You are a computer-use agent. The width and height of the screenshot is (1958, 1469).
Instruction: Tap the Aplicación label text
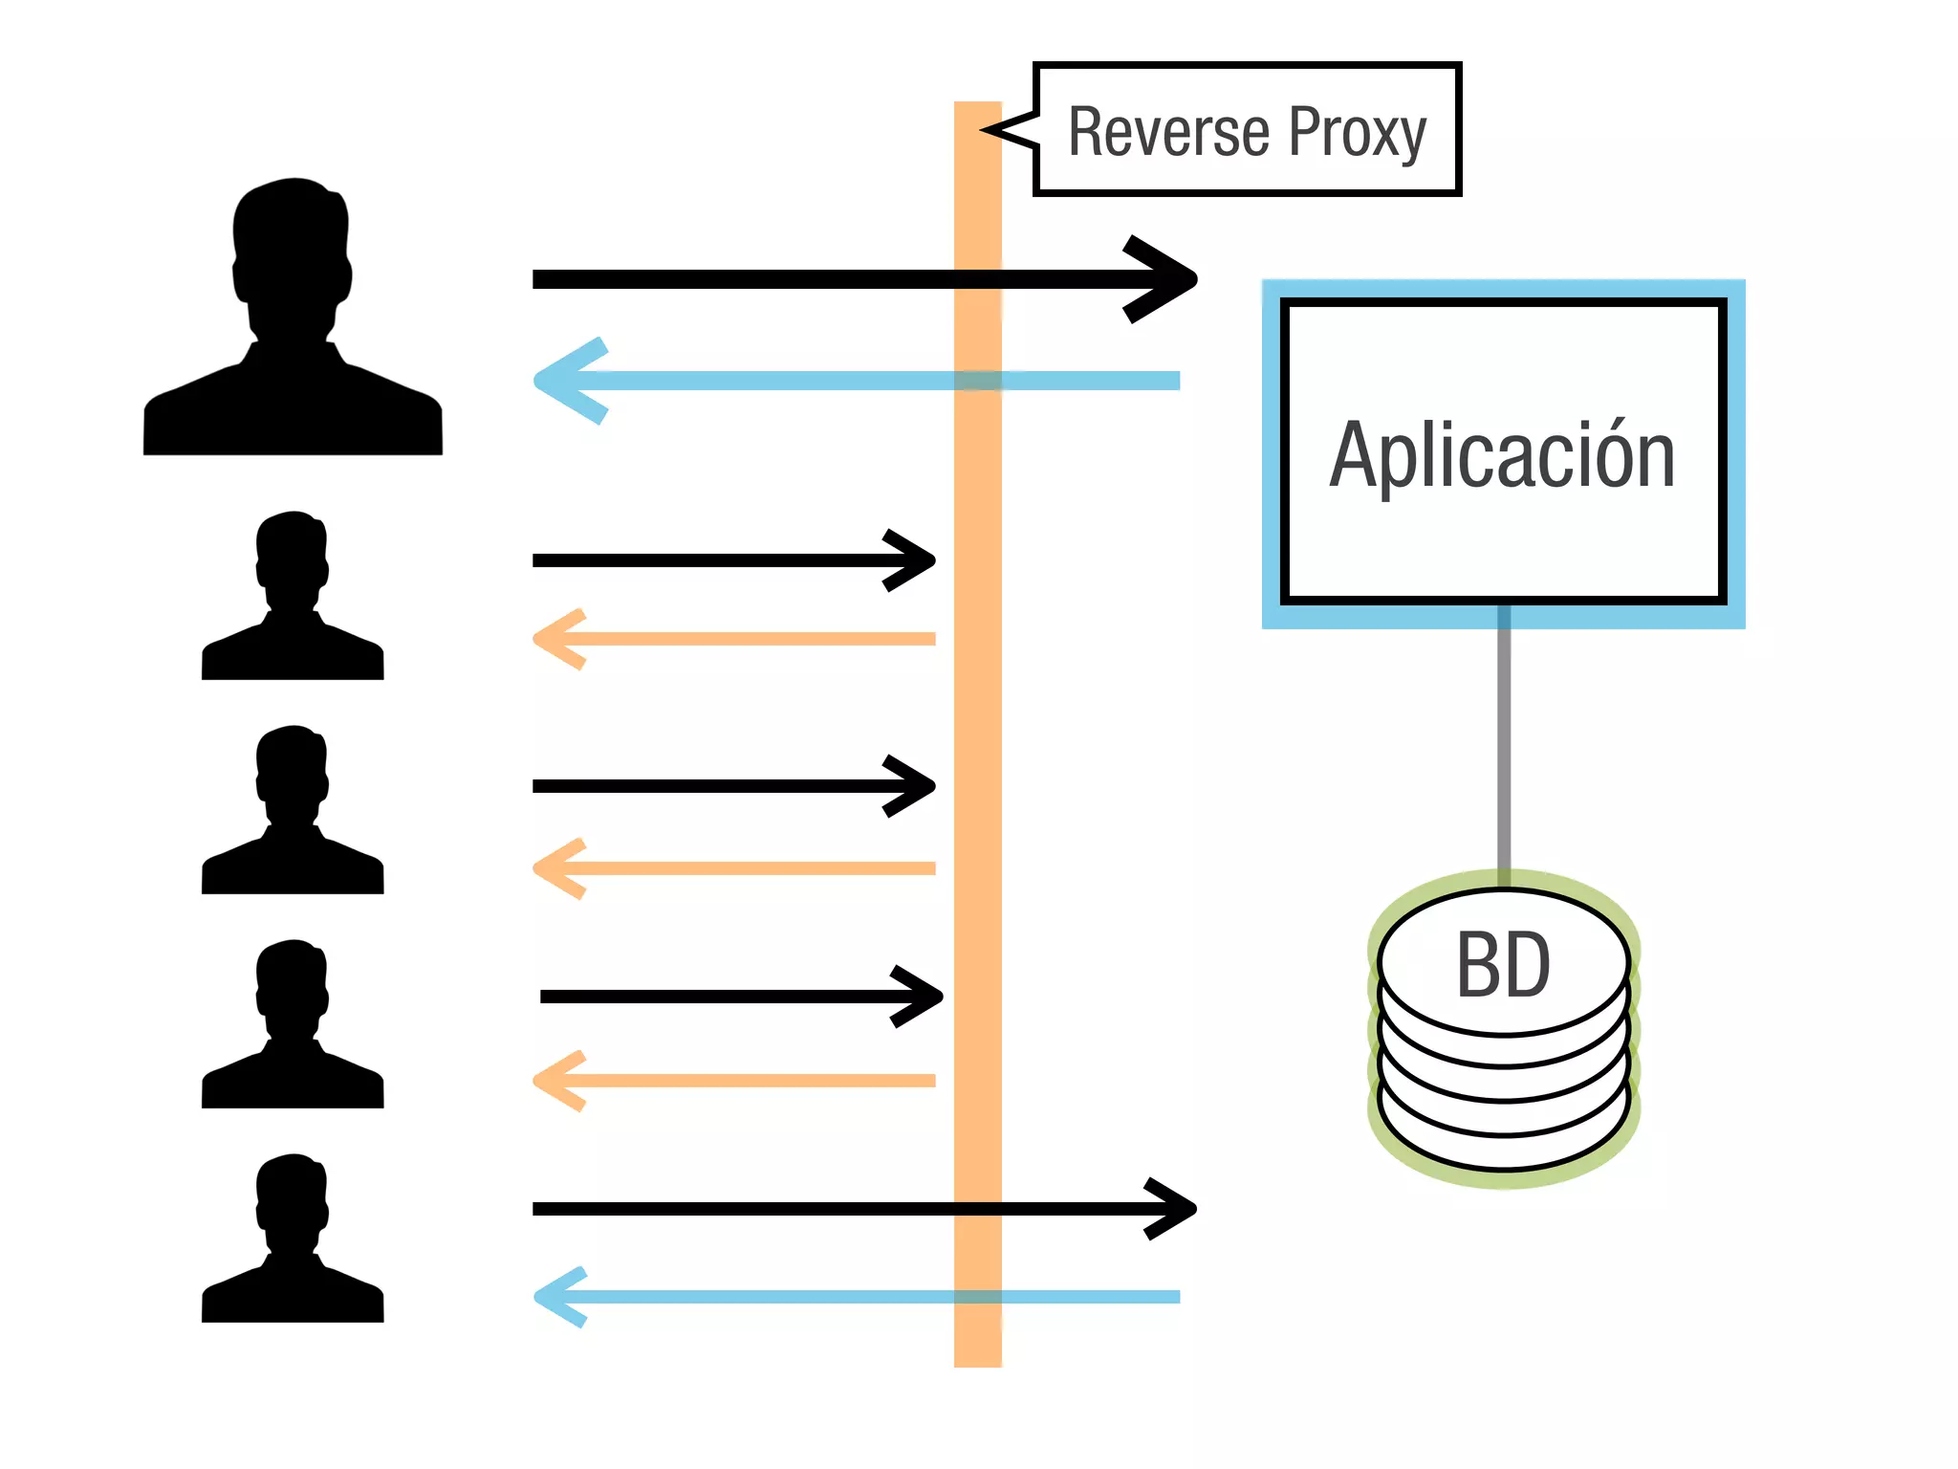(x=1502, y=456)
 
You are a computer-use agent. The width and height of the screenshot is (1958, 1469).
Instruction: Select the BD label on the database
(x=1503, y=966)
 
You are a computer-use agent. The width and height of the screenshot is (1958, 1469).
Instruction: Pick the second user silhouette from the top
(x=293, y=598)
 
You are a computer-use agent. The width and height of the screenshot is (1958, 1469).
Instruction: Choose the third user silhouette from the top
(x=293, y=812)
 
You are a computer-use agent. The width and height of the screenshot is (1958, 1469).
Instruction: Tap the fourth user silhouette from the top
(x=293, y=1026)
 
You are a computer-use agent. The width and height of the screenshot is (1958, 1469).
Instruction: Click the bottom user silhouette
(x=293, y=1240)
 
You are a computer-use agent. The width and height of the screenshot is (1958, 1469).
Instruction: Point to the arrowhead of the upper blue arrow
(x=559, y=381)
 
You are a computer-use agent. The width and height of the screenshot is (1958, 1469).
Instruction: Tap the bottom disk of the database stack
(x=1504, y=1143)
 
